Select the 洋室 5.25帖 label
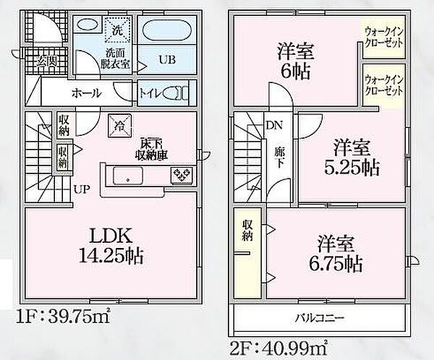352,158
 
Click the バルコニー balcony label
319,317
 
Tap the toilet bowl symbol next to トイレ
176,93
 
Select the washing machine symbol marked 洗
116,30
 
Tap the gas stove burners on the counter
180,175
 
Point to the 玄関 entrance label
37,61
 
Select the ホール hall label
86,93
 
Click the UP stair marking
81,189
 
